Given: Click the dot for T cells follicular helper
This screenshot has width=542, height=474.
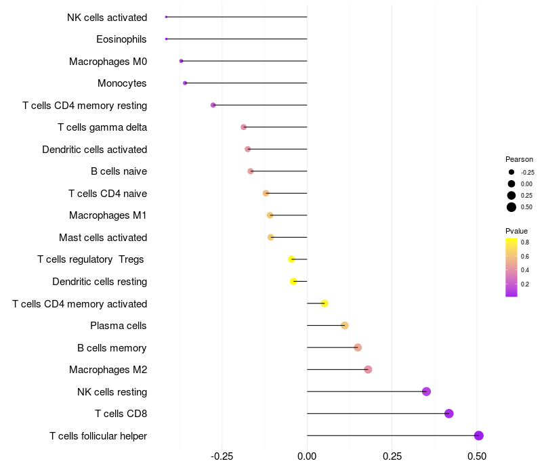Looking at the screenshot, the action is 479,435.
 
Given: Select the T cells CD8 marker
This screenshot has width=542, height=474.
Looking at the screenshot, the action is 449,414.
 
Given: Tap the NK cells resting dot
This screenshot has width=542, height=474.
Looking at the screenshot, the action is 426,391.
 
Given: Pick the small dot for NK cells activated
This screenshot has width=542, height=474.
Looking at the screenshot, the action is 166,17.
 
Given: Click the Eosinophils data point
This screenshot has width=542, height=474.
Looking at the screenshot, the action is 166,39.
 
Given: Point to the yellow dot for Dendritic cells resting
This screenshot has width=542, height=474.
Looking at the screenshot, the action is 293,281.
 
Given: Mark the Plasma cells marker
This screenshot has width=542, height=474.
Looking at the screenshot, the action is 344,326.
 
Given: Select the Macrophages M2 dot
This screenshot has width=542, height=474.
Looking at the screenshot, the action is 368,370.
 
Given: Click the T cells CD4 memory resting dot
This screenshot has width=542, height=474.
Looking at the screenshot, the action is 213,105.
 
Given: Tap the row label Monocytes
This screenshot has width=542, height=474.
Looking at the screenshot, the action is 122,83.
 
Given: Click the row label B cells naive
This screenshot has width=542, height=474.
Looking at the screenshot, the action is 119,171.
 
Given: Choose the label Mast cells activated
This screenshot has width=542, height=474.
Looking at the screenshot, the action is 103,238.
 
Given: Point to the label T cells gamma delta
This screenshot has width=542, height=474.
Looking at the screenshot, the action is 102,127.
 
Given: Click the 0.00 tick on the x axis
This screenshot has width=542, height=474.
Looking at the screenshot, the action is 307,456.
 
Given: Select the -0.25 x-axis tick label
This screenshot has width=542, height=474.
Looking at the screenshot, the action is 222,456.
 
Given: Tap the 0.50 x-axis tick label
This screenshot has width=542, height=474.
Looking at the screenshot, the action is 477,456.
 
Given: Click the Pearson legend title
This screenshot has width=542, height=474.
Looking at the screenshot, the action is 519,159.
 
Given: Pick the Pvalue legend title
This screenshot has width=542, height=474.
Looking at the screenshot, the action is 516,231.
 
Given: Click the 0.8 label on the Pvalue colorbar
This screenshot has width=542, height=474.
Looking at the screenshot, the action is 525,242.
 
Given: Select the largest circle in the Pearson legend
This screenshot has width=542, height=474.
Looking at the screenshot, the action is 512,207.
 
